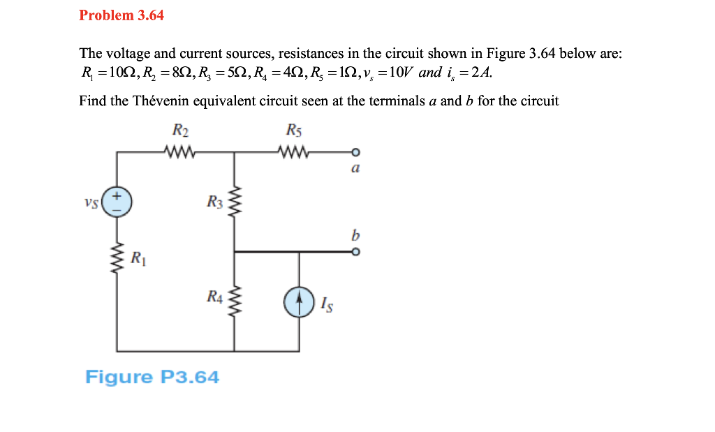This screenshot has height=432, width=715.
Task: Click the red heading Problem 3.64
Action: pos(121,15)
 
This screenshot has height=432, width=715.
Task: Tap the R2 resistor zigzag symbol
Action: pos(180,151)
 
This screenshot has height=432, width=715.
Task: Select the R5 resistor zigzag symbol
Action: pos(294,151)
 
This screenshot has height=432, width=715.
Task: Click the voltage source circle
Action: pos(117,202)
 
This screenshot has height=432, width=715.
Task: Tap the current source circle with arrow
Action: pos(299,302)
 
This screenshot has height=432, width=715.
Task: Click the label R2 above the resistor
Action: pos(180,131)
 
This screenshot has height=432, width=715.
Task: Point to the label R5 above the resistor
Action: pos(294,131)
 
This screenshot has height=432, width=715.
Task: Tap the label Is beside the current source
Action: pos(326,304)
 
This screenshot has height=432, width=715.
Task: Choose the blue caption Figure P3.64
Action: pos(152,378)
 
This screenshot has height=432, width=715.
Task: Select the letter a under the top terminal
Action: pos(355,167)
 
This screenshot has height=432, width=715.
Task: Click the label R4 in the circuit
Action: pos(214,297)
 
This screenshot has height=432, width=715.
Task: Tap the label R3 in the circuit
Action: pos(214,202)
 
